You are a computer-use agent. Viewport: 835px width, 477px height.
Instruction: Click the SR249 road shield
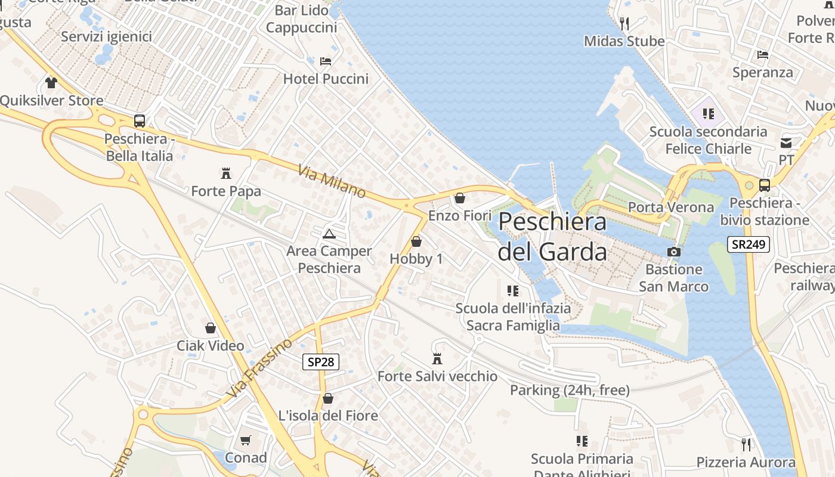point(749,244)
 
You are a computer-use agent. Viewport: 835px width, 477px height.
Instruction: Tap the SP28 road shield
point(321,361)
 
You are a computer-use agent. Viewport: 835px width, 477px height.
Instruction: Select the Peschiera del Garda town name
point(552,236)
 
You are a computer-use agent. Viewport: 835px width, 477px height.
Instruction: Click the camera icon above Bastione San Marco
point(674,252)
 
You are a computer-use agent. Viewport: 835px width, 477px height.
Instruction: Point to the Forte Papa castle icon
point(226,174)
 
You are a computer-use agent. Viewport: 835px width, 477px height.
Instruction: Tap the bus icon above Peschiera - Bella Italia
point(140,121)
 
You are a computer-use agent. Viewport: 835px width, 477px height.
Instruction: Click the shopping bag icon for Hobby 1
point(416,241)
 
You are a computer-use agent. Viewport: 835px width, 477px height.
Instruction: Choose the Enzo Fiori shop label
point(460,215)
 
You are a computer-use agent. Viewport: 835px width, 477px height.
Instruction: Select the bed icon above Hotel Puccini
point(326,61)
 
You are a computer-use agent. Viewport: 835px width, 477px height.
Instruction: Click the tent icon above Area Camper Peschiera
point(329,233)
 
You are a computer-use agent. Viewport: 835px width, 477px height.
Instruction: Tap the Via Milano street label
point(332,181)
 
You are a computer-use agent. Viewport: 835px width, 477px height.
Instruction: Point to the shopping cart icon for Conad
point(245,441)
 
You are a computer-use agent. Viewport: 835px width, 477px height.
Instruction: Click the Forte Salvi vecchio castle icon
point(437,358)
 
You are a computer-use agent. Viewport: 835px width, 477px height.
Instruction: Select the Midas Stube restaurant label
point(624,41)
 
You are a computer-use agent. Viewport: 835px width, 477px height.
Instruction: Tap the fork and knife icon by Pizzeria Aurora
point(746,444)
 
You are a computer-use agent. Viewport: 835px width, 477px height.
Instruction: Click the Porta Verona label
point(671,207)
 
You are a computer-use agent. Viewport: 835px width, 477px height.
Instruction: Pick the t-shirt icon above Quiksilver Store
point(51,82)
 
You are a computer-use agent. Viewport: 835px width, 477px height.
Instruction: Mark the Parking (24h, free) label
point(570,390)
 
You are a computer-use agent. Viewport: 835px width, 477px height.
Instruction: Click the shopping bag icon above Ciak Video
point(211,328)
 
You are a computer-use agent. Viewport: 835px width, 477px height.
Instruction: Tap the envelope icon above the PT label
point(786,143)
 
